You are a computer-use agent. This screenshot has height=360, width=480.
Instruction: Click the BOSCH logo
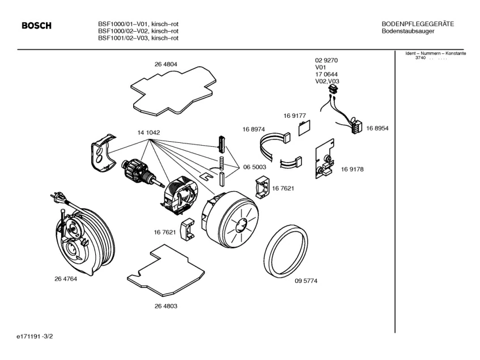(36, 26)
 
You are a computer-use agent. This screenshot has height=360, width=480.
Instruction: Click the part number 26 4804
(165, 65)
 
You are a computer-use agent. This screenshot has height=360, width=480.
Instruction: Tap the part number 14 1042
(148, 133)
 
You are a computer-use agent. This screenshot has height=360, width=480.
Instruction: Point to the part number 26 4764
(66, 279)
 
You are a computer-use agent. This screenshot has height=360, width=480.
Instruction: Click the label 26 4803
(165, 306)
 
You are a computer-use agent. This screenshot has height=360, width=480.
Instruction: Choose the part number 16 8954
(377, 129)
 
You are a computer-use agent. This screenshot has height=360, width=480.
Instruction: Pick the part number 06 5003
(254, 167)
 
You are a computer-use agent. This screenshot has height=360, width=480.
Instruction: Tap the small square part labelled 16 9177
(303, 126)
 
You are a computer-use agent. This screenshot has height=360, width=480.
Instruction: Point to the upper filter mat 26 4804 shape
(172, 88)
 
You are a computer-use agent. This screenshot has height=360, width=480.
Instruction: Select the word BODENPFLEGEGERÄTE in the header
(418, 23)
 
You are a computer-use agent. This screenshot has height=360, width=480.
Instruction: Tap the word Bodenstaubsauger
(408, 31)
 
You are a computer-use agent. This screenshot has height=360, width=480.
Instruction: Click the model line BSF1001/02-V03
(138, 38)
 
